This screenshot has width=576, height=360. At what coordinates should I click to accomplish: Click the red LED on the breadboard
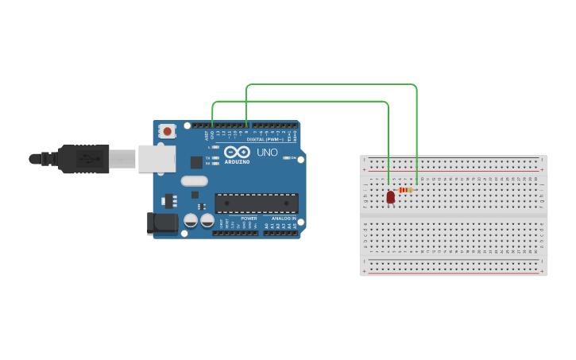pos(390,197)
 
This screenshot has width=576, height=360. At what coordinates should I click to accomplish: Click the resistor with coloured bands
pos(406,190)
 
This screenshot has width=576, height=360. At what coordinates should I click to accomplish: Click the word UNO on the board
pos(267,152)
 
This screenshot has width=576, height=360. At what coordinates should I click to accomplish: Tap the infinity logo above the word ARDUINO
pos(236,152)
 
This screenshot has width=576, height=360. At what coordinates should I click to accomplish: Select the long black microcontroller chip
pos(257,203)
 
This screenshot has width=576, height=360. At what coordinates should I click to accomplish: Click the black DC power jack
pos(163,223)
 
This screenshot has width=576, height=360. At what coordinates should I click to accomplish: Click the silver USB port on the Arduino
pos(157,158)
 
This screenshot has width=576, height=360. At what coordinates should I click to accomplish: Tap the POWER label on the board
pos(249,218)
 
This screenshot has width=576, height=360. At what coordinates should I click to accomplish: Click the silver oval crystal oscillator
pos(194,181)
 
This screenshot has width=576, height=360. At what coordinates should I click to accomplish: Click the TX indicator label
pos(208,158)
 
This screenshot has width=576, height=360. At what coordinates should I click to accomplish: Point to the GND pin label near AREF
pos(212,134)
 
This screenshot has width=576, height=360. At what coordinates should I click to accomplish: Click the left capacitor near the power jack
pos(191,220)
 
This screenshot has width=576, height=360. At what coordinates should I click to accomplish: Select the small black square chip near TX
pos(196,162)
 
